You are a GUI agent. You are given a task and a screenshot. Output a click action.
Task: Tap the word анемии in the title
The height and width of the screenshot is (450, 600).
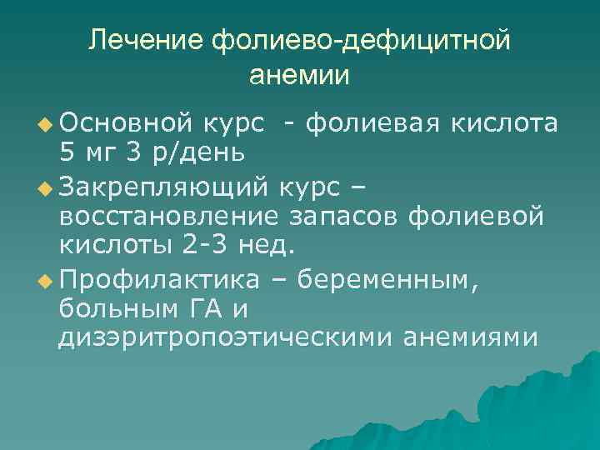299,74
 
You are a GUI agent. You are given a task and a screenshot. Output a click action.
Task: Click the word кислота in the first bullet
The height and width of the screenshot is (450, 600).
504,123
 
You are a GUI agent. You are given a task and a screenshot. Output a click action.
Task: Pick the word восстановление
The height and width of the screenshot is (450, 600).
169,216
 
